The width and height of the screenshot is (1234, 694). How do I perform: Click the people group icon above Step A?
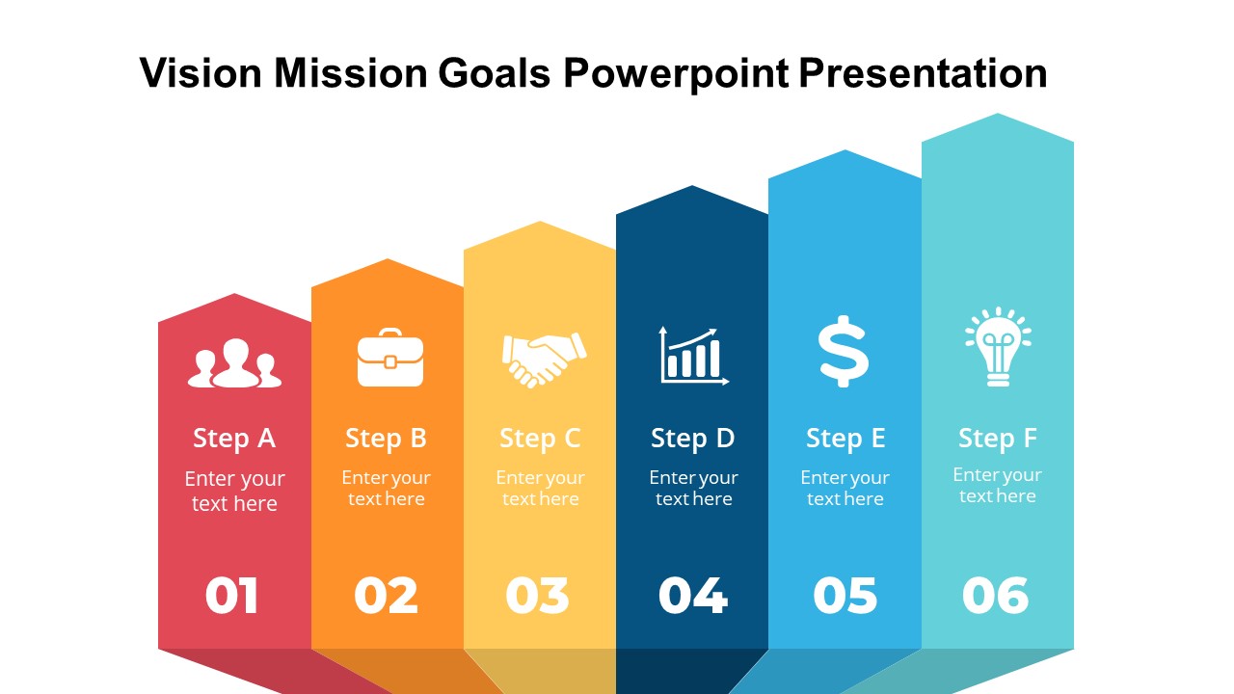(x=234, y=363)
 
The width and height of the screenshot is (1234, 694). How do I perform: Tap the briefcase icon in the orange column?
(x=390, y=358)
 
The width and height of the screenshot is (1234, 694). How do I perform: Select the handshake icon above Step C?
(x=544, y=360)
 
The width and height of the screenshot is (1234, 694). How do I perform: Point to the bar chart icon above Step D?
(x=693, y=356)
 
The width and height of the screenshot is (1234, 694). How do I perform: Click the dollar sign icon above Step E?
(x=844, y=352)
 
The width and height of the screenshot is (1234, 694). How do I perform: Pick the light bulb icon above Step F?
(x=998, y=347)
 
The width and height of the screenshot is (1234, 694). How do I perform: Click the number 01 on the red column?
(x=231, y=596)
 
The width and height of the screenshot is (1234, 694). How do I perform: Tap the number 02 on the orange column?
(x=386, y=596)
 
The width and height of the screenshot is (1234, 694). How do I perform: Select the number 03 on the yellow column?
(x=537, y=596)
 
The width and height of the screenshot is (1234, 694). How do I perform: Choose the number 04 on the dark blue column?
(x=693, y=596)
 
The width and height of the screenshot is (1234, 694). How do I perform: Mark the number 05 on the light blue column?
(x=845, y=596)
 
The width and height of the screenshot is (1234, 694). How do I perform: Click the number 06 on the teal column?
(x=996, y=596)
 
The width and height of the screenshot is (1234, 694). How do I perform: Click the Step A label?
(x=234, y=439)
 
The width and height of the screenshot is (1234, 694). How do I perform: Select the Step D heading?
(x=692, y=439)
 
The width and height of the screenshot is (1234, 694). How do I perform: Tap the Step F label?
(x=998, y=439)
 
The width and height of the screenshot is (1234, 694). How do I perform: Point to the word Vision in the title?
(x=201, y=72)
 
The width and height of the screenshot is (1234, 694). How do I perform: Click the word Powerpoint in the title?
(x=676, y=74)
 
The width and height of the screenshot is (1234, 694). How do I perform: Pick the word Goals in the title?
(x=495, y=72)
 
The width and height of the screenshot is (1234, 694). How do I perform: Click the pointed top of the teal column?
(x=998, y=114)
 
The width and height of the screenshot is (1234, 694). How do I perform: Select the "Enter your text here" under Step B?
(x=387, y=488)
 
